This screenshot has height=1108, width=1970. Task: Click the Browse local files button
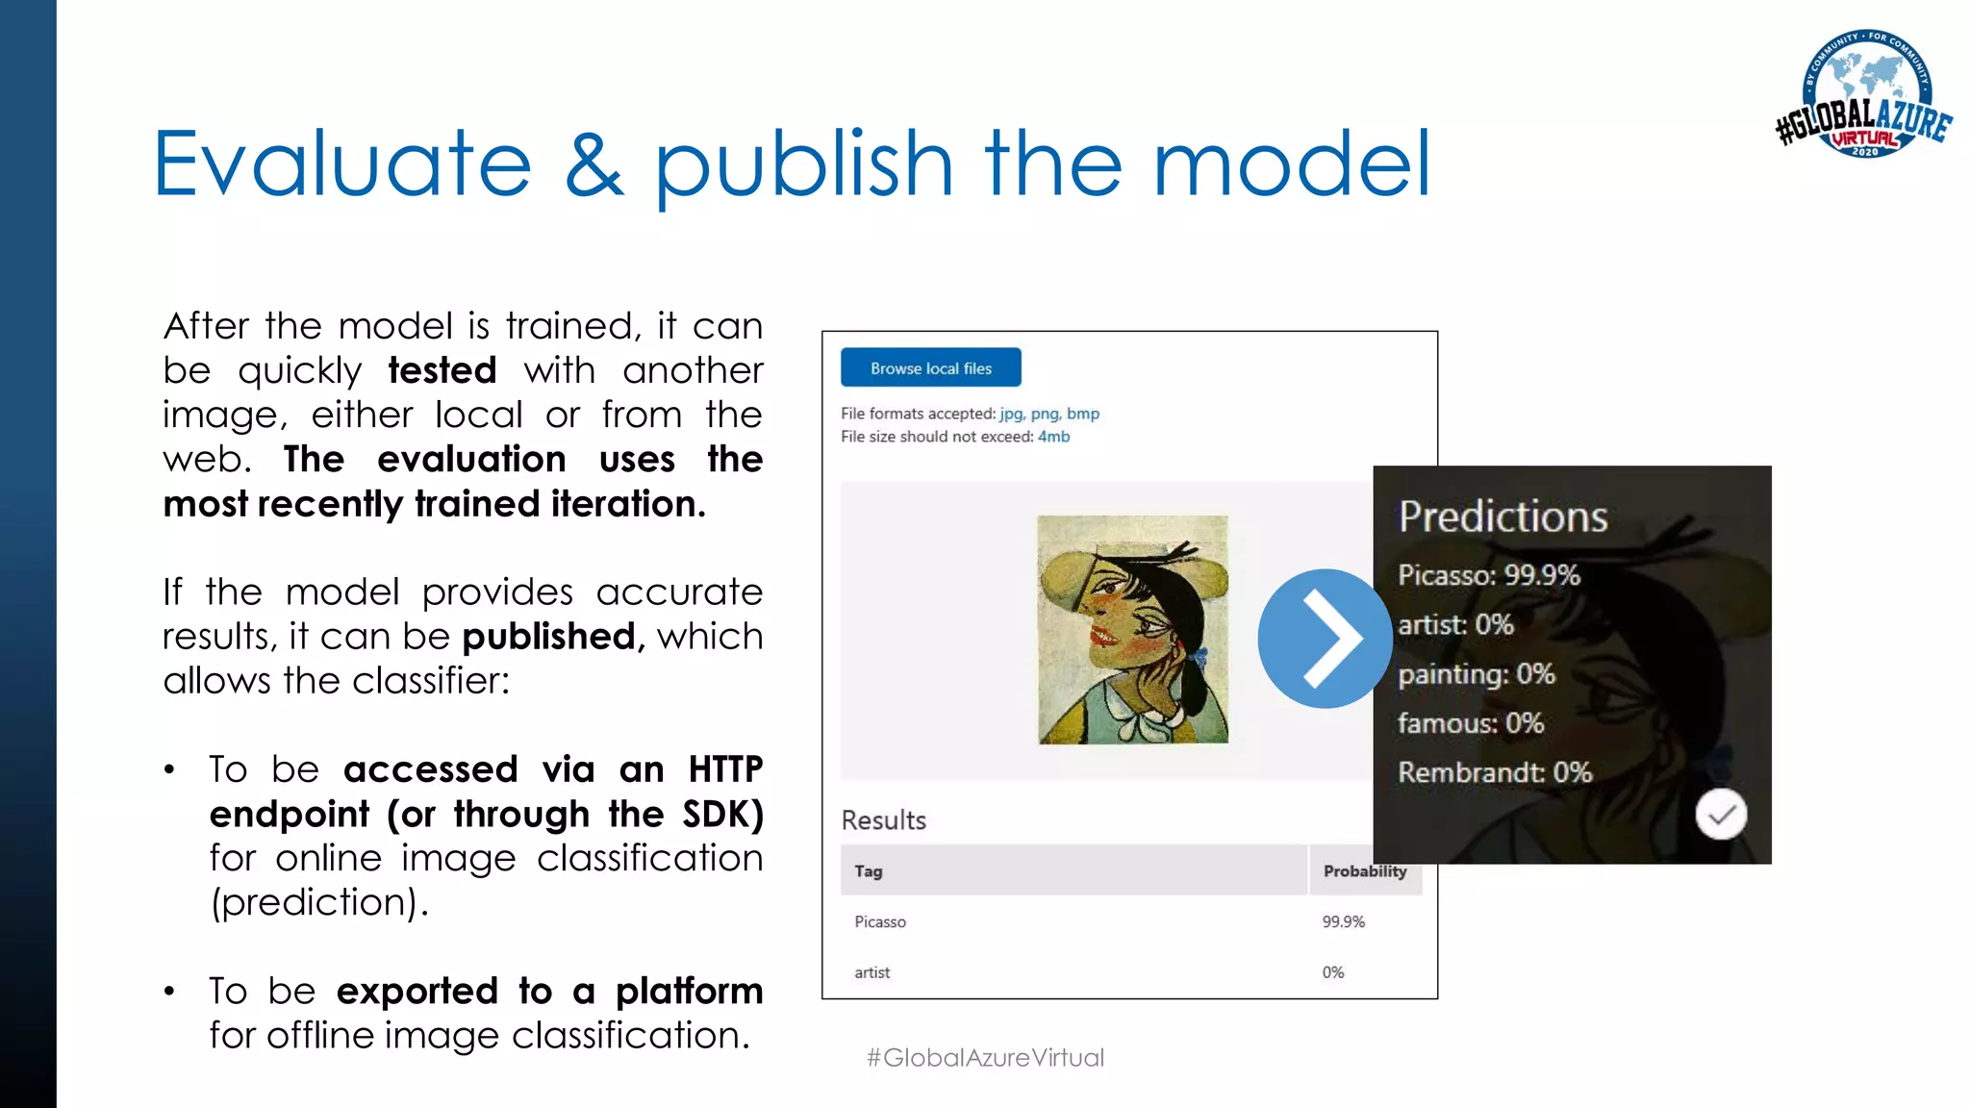930,368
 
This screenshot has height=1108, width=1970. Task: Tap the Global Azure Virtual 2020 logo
1864,94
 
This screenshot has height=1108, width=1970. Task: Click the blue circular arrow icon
1325,639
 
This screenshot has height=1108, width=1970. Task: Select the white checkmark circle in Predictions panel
1721,815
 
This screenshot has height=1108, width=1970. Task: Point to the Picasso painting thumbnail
1132,630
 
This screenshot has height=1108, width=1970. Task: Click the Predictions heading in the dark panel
1503,516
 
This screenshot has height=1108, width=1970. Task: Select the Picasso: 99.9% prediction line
1488,575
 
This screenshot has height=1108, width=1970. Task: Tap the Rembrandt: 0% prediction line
1494,772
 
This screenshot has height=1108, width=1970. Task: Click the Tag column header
868,871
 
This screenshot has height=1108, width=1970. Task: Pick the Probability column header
1364,871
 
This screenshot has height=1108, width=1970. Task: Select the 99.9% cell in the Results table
1343,921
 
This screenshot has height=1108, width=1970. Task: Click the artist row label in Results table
871,972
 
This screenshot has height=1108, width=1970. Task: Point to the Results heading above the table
883,820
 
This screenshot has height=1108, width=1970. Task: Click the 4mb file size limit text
1053,437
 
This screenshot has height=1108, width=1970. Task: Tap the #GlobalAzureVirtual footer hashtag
985,1058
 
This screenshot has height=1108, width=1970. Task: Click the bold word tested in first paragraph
442,370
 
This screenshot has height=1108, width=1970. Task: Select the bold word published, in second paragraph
549,637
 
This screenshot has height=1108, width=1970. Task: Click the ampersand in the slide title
594,165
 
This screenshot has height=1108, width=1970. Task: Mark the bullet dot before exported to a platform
169,992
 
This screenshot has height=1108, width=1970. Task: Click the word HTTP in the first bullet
725,769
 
